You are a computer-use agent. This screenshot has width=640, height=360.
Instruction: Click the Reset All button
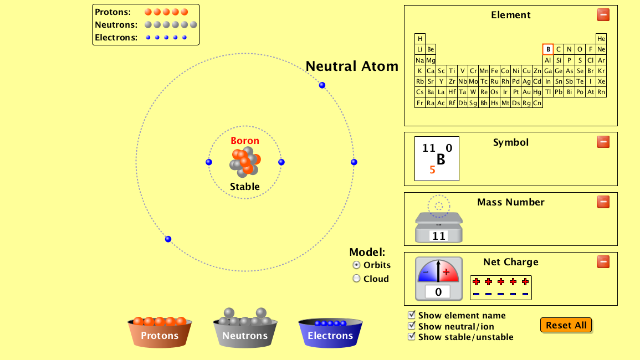[x=566, y=325]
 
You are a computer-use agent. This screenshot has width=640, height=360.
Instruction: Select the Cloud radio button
[x=357, y=279]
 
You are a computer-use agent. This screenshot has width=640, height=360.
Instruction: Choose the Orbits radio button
[x=357, y=265]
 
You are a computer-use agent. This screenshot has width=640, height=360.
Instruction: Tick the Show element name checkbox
[x=412, y=315]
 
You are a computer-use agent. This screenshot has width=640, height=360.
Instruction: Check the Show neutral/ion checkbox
[x=412, y=326]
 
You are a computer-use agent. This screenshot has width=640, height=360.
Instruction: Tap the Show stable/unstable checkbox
[x=412, y=337]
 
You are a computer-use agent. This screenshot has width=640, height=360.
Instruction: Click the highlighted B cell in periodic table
[x=547, y=49]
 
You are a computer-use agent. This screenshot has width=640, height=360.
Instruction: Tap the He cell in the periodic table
[x=601, y=39]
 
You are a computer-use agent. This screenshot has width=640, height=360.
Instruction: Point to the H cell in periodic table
[x=420, y=39]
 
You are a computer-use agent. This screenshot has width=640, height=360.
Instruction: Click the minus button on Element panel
[x=603, y=15]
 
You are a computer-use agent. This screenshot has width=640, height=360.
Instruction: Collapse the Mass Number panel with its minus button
[x=603, y=202]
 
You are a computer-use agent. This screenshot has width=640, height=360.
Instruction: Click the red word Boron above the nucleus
[x=245, y=141]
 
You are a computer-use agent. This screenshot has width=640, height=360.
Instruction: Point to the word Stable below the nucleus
[x=245, y=187]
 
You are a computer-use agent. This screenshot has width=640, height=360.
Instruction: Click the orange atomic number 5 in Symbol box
[x=432, y=170]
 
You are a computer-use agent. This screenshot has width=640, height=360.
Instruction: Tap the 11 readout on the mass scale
[x=439, y=236]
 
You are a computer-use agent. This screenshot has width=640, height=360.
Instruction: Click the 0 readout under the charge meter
[x=438, y=292]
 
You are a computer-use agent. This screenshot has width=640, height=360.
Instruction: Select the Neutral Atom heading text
[x=352, y=66]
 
